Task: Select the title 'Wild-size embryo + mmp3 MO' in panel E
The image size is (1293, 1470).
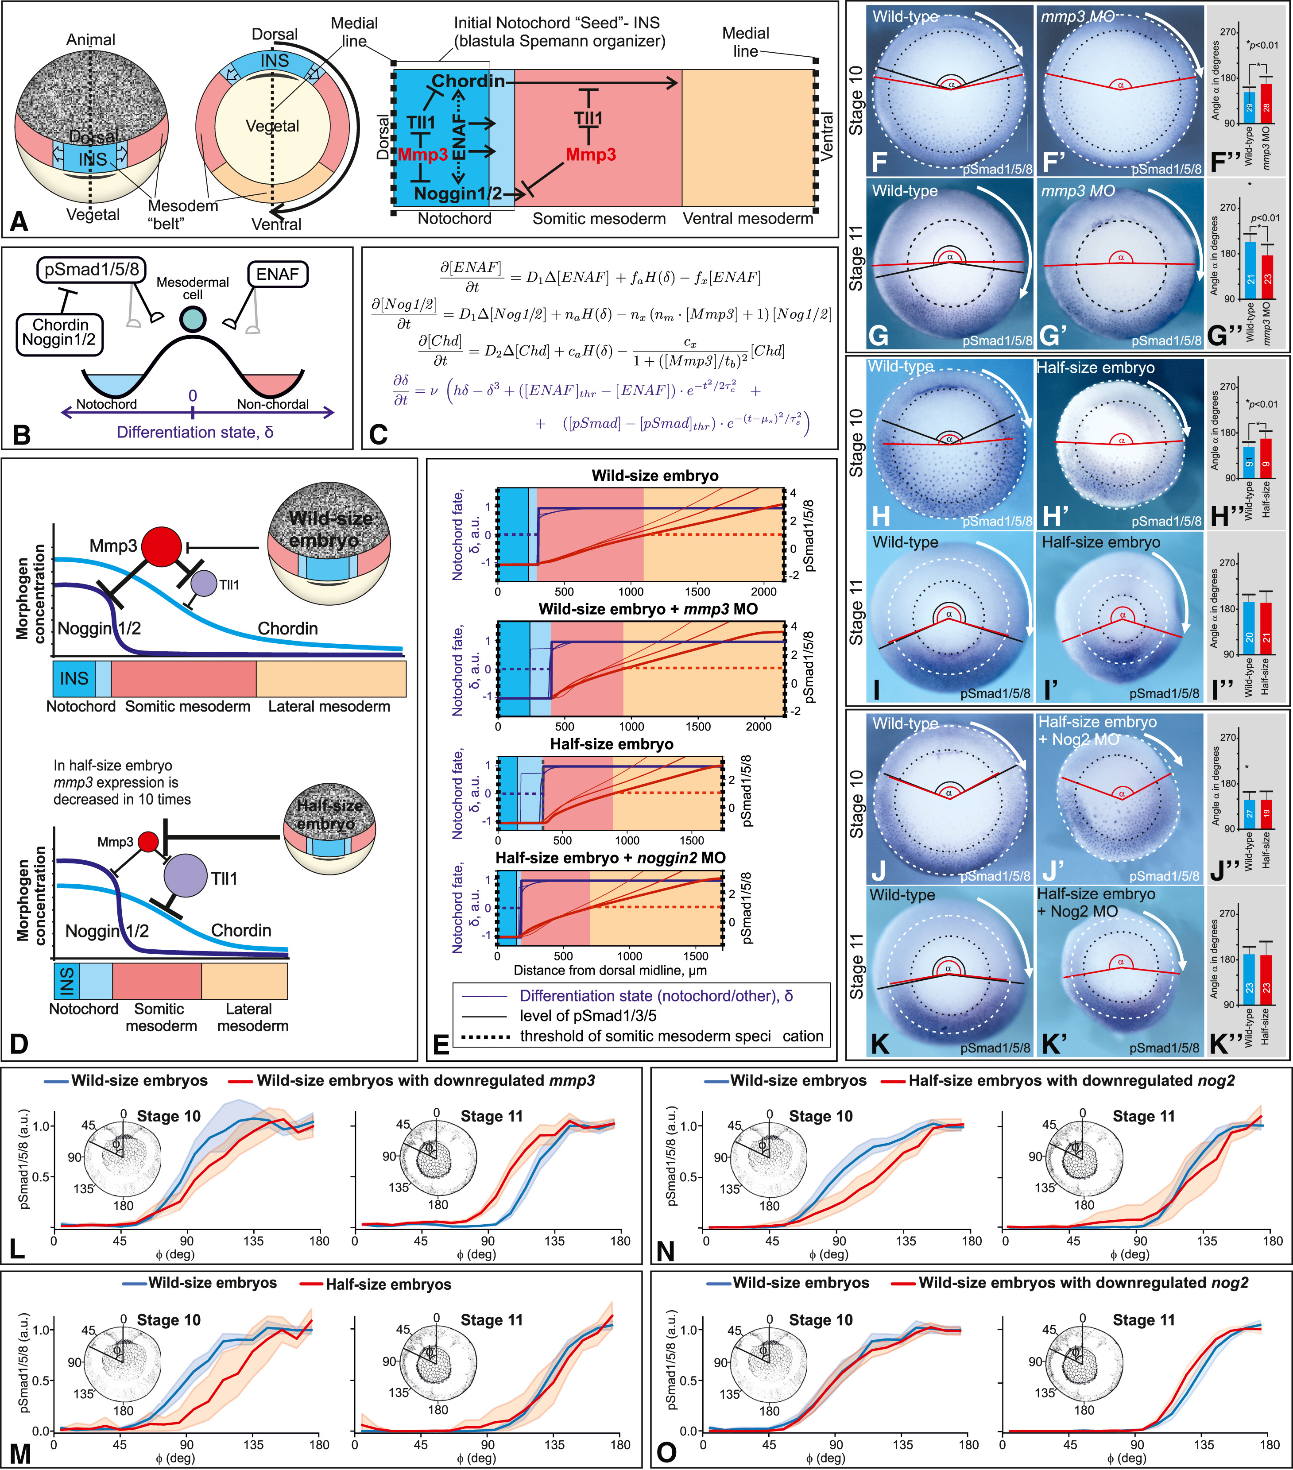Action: click(648, 610)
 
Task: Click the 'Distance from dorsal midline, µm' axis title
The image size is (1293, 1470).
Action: click(610, 970)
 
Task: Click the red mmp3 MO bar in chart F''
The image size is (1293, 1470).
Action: click(1266, 104)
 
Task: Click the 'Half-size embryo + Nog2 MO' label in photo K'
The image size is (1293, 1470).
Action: click(1095, 902)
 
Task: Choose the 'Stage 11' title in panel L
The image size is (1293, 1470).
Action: click(492, 1116)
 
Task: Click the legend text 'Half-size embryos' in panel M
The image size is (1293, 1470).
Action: click(388, 1284)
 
